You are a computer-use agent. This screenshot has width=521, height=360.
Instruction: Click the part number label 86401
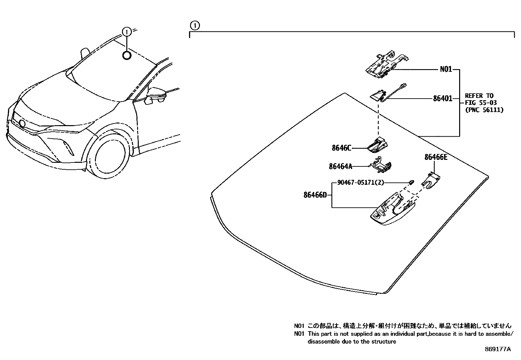click(x=442, y=98)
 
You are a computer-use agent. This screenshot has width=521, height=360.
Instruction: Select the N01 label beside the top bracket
click(x=446, y=69)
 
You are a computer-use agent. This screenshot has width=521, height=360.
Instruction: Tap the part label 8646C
click(x=341, y=148)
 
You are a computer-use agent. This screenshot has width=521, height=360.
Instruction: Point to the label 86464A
click(x=340, y=166)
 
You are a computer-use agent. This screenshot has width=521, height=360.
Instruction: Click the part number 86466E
click(x=436, y=157)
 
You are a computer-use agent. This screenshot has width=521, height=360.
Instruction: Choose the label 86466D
click(x=315, y=195)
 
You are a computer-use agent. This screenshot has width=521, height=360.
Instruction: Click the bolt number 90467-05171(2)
click(x=360, y=182)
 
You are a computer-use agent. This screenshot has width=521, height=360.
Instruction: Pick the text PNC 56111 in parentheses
click(x=484, y=110)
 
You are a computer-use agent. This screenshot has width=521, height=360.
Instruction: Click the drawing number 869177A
click(x=497, y=349)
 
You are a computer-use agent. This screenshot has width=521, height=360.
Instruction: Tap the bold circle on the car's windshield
click(x=127, y=56)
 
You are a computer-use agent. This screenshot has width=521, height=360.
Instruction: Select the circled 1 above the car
click(x=127, y=31)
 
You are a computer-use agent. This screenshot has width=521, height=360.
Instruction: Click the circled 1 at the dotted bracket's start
click(x=194, y=25)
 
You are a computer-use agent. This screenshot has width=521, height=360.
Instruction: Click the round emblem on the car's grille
click(x=22, y=123)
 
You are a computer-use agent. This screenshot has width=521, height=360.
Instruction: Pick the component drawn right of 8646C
click(x=377, y=145)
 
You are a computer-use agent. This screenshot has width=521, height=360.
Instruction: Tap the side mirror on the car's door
click(x=158, y=95)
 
